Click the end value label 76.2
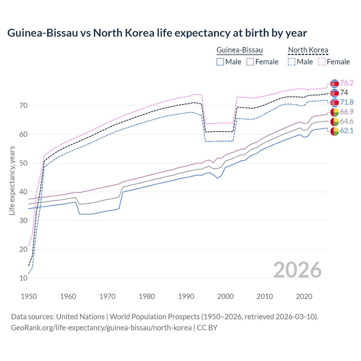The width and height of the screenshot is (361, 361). tap(347, 83)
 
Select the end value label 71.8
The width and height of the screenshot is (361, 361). tap(347, 102)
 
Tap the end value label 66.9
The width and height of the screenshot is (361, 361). tap(347, 112)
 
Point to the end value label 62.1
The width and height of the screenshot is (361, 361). tap(347, 131)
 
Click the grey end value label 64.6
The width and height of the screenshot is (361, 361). tap(347, 121)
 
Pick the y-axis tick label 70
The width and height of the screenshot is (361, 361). tap(23, 106)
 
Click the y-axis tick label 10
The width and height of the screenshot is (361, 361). tap(23, 278)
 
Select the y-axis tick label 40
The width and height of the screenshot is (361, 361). tap(23, 192)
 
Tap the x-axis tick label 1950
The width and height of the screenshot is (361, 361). tap(29, 296)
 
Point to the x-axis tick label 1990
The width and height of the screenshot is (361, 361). tap(186, 296)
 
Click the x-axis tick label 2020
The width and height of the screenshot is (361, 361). tap(304, 296)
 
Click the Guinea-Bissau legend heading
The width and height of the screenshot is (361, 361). tap(239, 50)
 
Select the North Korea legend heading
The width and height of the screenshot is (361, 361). tap(308, 50)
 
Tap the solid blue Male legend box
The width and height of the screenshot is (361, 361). tap(220, 62)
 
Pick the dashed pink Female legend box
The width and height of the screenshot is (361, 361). tap(322, 62)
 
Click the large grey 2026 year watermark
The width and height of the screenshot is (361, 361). tap(298, 270)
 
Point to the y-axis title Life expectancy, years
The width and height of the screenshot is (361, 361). tap(12, 180)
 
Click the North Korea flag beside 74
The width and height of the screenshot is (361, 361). tap(334, 93)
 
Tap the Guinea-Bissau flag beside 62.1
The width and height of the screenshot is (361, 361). tap(334, 131)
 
